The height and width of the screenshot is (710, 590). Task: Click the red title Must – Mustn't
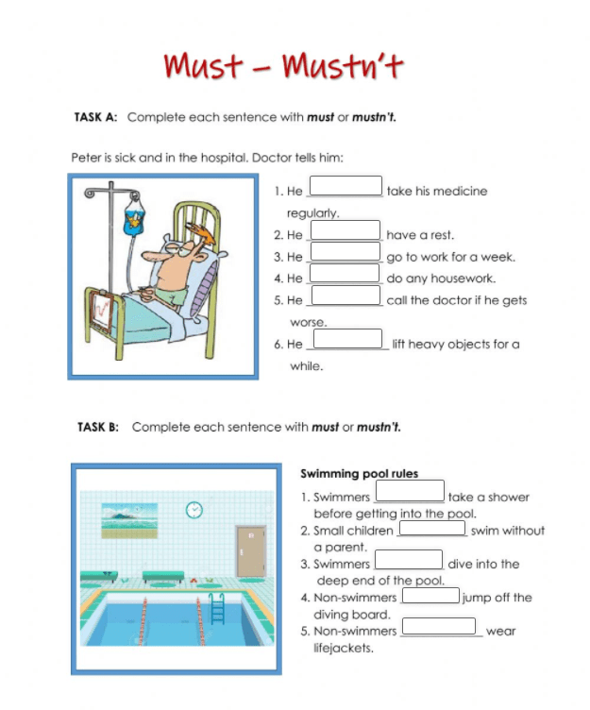tap(283, 66)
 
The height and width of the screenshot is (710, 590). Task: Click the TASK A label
tap(94, 117)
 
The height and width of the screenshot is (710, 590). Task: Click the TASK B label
tap(97, 427)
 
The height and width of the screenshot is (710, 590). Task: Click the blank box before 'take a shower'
tap(410, 492)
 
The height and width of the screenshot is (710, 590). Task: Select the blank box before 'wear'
tap(439, 626)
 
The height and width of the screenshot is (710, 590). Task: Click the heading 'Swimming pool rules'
tap(359, 474)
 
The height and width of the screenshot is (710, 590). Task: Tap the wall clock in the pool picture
tap(194, 509)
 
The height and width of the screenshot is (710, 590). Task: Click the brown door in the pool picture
tap(249, 548)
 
